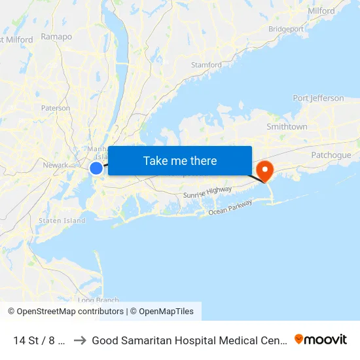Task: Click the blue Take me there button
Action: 180,160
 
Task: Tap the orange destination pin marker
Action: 266,171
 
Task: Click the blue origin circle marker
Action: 96,168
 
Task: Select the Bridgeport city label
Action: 285,29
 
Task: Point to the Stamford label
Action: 206,65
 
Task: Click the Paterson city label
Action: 56,108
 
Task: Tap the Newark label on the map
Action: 55,165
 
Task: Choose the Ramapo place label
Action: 56,37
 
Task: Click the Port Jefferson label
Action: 318,98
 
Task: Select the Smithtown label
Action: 287,126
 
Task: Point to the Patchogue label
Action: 331,155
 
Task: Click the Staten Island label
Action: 62,221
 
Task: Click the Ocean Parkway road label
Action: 230,207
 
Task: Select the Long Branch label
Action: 98,300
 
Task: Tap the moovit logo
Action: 321,340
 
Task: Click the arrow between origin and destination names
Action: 80,340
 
